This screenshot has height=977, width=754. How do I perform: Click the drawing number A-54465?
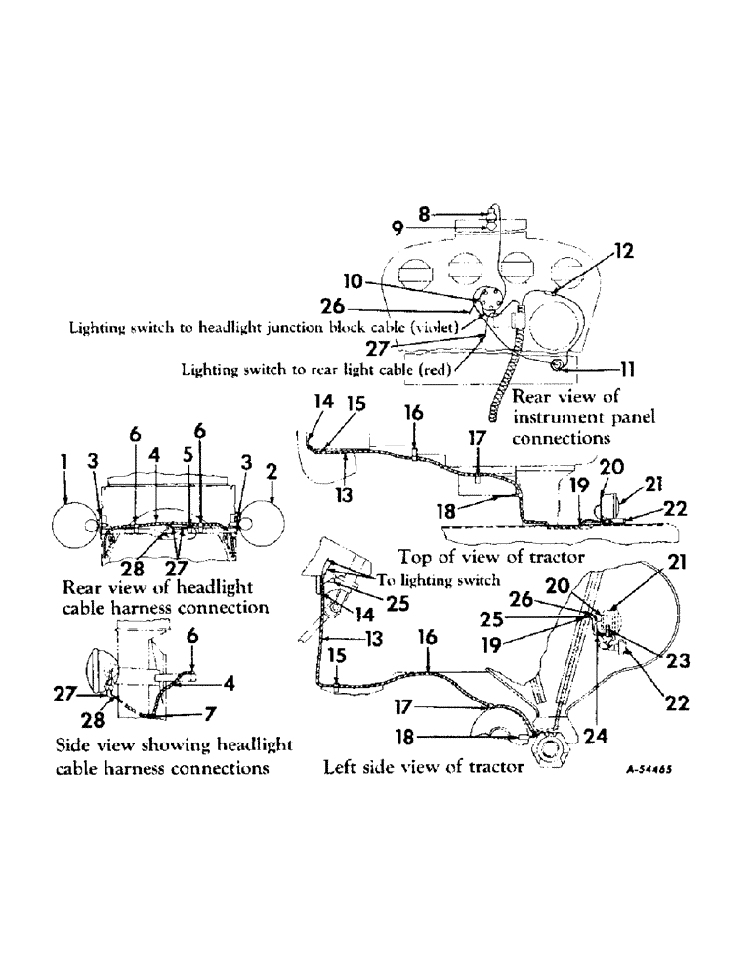click(x=652, y=769)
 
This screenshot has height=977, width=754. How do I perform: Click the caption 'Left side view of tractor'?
click(x=423, y=768)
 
